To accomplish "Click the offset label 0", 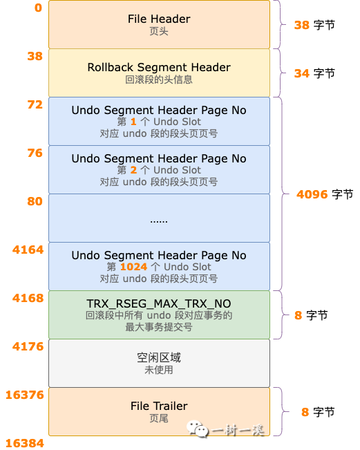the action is click(38, 8).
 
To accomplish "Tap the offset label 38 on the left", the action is click(35, 56).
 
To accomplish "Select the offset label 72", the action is click(35, 105).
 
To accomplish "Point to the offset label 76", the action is click(35, 153).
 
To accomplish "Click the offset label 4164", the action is click(28, 250).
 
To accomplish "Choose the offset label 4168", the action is click(28, 298).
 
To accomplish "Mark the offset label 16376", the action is click(25, 395).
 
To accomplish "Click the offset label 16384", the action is click(25, 443).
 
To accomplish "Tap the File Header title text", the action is click(159, 19).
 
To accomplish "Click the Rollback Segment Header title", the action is click(159, 68).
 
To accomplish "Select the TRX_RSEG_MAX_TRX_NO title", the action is click(159, 303).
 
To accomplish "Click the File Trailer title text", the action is click(159, 406).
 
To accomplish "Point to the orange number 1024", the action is click(133, 267).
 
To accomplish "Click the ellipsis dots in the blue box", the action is click(159, 222).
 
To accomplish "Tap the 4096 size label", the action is click(312, 194).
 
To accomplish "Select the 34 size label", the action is click(302, 73).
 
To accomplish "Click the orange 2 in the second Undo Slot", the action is click(133, 170).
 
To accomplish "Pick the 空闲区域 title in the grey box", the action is click(159, 357).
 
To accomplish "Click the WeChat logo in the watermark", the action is click(198, 429).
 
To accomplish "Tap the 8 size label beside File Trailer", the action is click(305, 412).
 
